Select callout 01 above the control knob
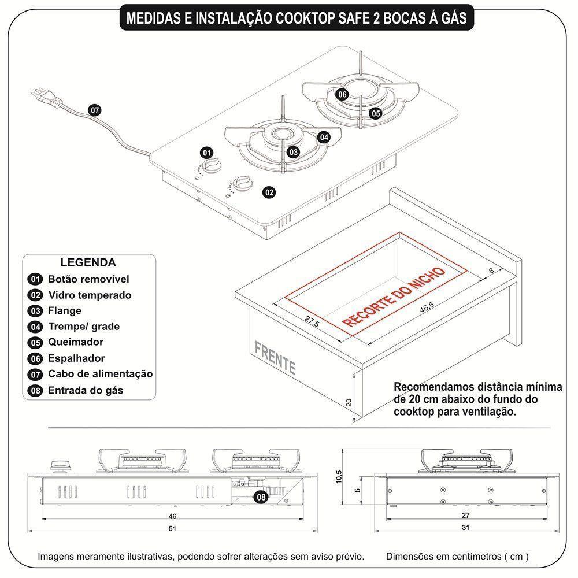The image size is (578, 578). [x=206, y=153]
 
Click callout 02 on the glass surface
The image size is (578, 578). [x=269, y=192]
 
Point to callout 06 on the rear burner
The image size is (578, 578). [x=342, y=94]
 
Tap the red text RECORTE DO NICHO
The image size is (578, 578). [x=394, y=297]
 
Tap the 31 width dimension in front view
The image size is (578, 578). [x=465, y=528]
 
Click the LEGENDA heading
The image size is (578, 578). [x=88, y=262]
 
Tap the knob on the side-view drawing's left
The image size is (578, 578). [x=58, y=465]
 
